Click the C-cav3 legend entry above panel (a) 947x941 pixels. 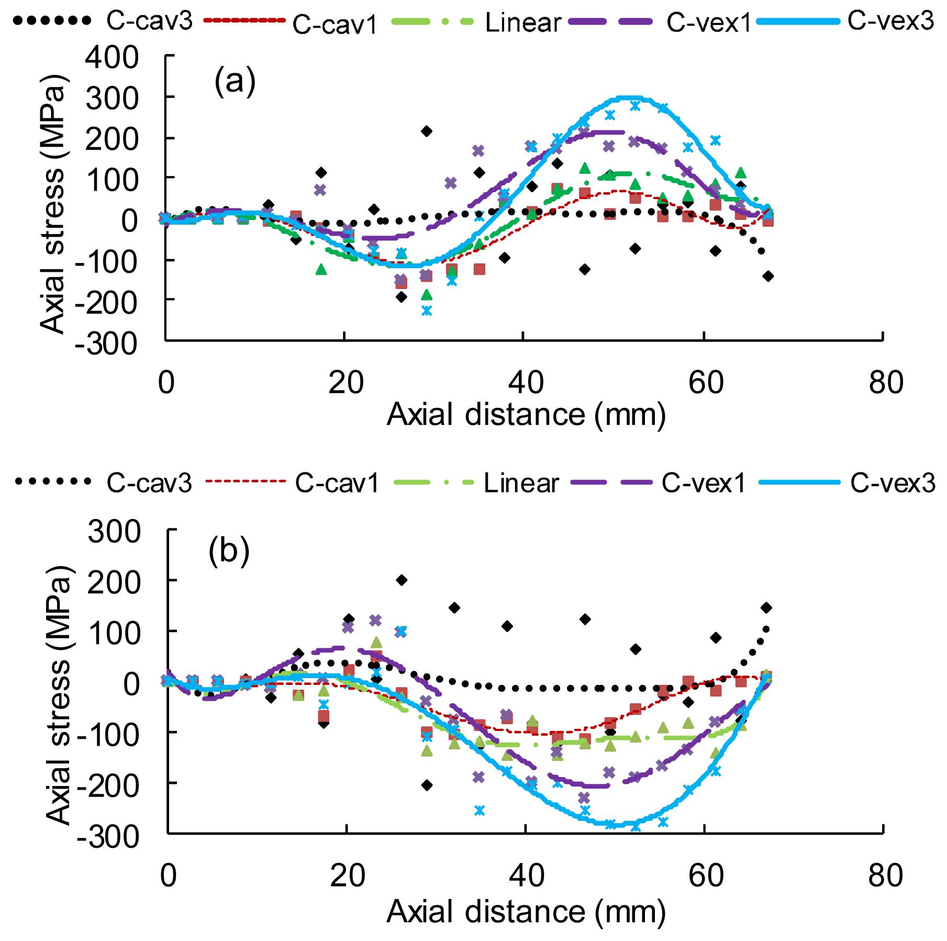pos(149,21)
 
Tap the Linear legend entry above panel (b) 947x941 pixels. pos(521,484)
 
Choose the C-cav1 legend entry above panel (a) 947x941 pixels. pos(335,25)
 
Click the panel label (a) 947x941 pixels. pos(235,82)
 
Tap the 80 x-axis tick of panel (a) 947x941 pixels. pos(884,383)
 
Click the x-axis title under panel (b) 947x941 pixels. pos(526,913)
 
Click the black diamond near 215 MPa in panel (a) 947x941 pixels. pos(427,131)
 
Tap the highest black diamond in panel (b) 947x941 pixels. pos(402,580)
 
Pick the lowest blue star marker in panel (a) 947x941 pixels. pos(427,311)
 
